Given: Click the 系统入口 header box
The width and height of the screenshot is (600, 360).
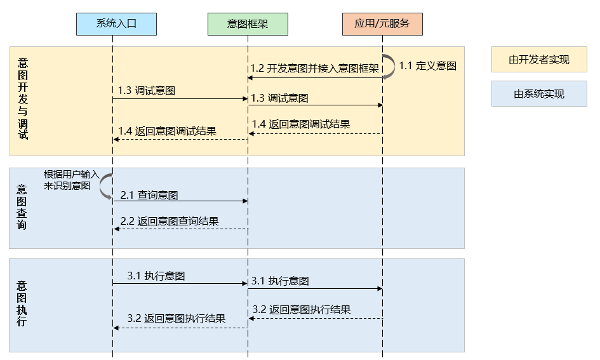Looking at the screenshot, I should click(116, 24).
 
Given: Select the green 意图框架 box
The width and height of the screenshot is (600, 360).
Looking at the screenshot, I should click(248, 24).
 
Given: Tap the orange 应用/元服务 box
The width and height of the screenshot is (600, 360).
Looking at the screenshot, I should click(382, 24).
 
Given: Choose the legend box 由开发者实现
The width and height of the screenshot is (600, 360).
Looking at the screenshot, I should click(538, 60).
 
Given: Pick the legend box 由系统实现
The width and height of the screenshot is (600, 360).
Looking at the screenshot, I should click(538, 94).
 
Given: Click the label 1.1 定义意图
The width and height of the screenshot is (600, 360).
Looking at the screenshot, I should click(427, 65).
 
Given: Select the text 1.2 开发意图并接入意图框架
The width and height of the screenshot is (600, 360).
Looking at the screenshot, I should click(315, 68).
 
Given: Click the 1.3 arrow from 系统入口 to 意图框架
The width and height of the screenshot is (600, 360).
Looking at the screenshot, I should click(180, 99).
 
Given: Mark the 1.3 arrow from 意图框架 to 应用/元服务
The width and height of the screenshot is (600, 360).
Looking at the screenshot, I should click(315, 105).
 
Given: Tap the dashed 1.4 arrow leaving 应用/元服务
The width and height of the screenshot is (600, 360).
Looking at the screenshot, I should click(315, 133).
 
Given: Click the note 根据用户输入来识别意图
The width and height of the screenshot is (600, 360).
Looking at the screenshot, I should click(71, 180).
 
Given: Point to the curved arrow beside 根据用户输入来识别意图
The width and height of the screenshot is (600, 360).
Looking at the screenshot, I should click(106, 186).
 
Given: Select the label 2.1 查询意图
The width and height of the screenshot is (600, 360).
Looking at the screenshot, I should click(149, 195).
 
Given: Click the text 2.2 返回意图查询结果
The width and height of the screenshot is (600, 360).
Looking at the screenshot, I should click(170, 222).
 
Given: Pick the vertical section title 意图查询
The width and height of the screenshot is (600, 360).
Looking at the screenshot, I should click(22, 207).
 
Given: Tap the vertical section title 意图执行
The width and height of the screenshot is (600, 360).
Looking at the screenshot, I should click(22, 303).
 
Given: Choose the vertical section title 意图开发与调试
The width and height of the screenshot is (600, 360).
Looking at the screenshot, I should click(23, 98).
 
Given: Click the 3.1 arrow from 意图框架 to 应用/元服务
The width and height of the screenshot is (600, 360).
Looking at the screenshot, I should click(315, 289).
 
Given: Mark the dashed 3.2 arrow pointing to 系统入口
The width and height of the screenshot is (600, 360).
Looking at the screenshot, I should click(180, 328).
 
